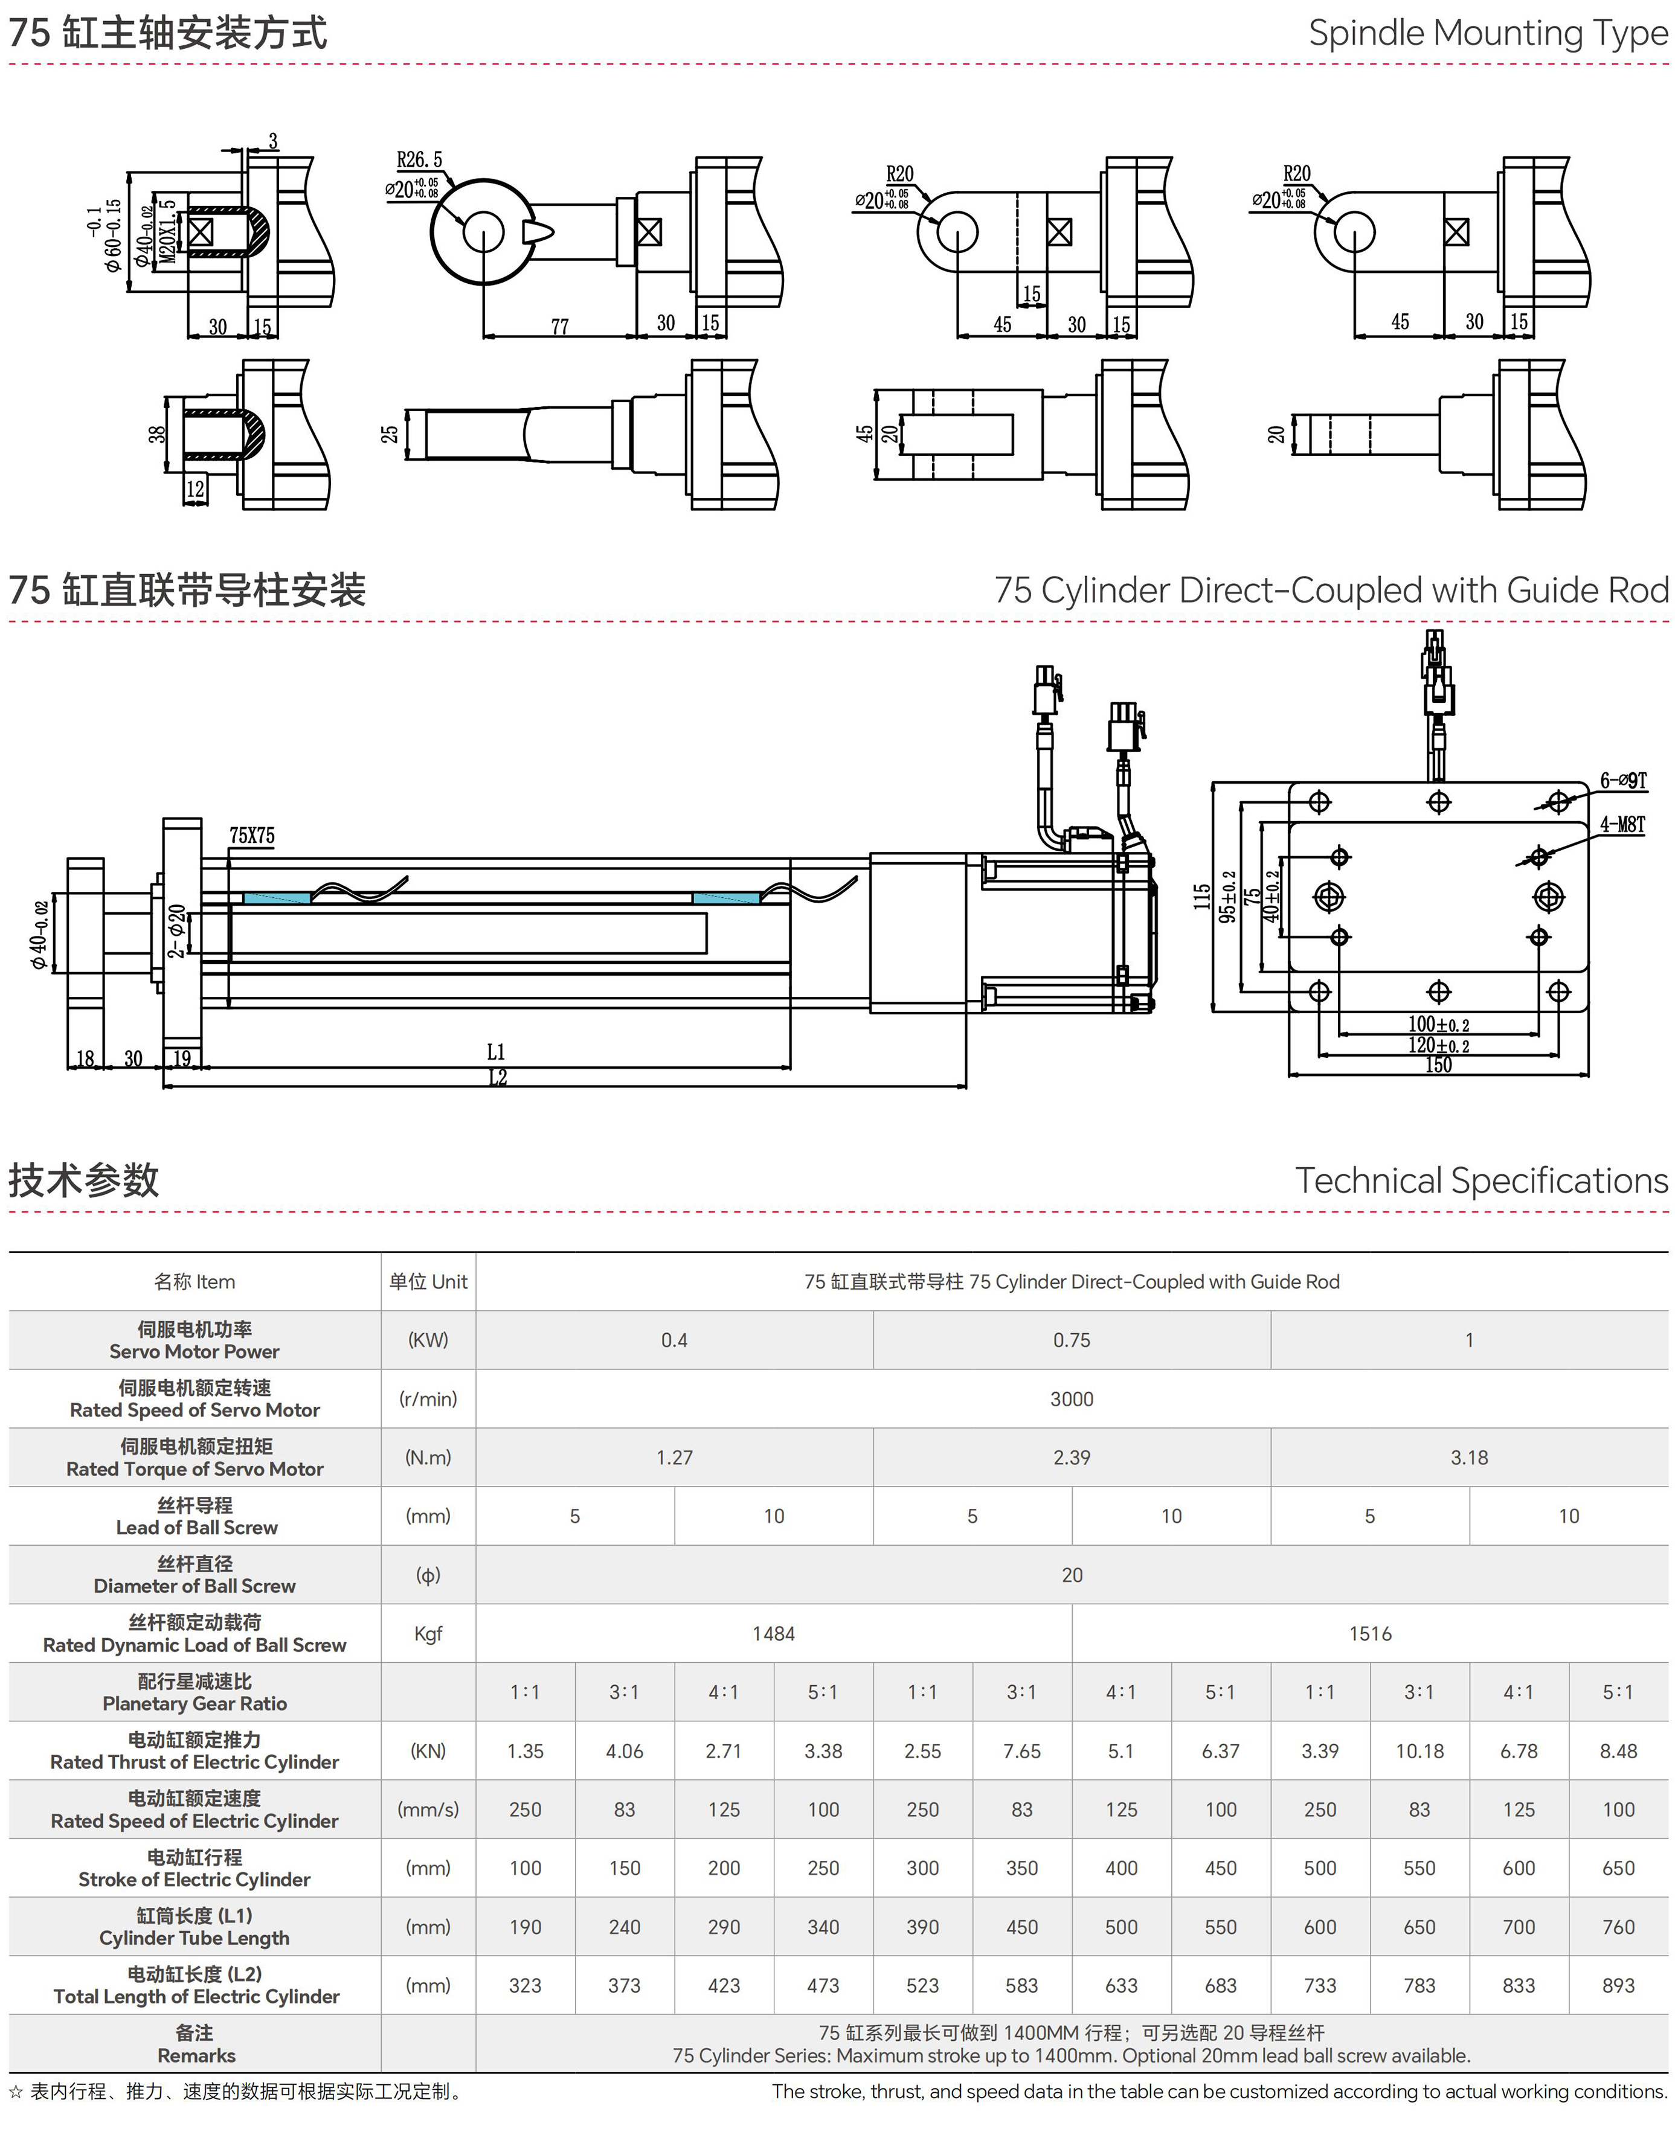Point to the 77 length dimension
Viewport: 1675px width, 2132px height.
560,327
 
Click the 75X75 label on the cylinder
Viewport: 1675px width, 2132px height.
252,836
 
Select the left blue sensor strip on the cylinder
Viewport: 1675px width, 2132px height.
277,898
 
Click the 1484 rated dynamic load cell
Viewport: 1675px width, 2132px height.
774,1633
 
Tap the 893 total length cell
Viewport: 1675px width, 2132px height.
1618,1985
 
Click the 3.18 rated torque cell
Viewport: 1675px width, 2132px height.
1469,1458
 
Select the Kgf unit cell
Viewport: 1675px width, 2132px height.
428,1633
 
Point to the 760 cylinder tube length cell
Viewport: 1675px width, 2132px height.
1618,1926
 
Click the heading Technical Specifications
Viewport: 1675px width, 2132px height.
1481,1180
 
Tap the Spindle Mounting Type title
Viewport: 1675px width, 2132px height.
1488,33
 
